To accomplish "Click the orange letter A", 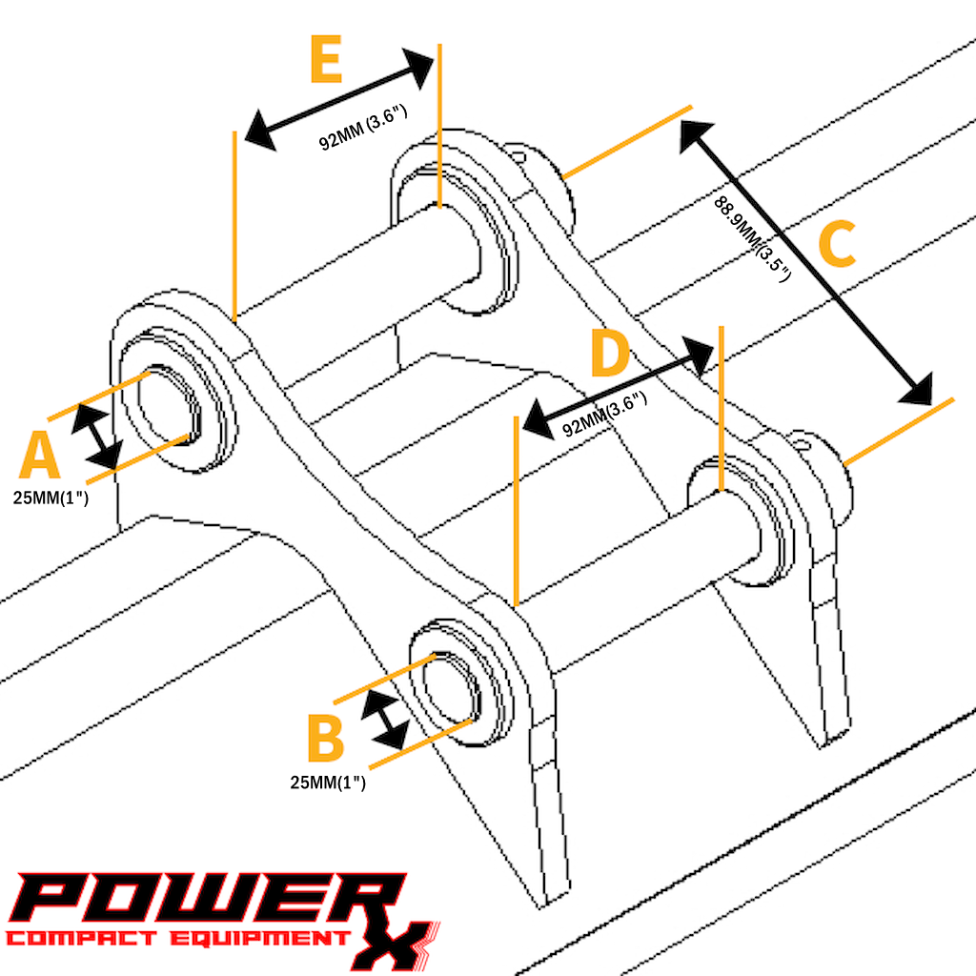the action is click(x=39, y=455).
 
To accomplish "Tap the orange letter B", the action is click(x=326, y=739).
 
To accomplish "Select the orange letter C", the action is click(x=837, y=244).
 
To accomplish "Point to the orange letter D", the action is click(x=610, y=353).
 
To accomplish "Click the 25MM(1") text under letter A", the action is click(x=51, y=498).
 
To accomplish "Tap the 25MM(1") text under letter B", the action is click(x=328, y=783).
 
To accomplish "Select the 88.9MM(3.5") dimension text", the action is click(x=752, y=238).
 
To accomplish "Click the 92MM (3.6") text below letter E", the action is click(x=363, y=128).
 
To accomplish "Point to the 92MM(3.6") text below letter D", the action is click(x=604, y=415).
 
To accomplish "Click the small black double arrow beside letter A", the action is click(x=97, y=437).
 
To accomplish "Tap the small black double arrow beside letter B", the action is click(x=385, y=720).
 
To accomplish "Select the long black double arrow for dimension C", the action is click(x=806, y=263).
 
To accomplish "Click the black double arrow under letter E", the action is click(x=339, y=99).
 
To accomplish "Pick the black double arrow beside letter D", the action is click(x=618, y=388).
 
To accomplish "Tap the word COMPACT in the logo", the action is click(x=81, y=938).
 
